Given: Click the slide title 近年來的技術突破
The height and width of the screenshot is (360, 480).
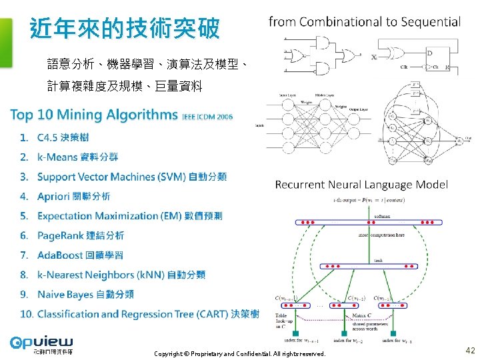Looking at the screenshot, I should coord(125,29).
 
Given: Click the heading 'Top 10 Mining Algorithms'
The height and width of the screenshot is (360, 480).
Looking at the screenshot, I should coord(94,115).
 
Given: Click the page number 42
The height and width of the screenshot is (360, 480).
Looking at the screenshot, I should coord(470,350).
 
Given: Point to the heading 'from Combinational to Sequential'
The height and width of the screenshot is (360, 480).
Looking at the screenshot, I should coord(364,21).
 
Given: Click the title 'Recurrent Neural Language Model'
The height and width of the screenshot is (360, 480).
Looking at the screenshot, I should coord(361,184).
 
